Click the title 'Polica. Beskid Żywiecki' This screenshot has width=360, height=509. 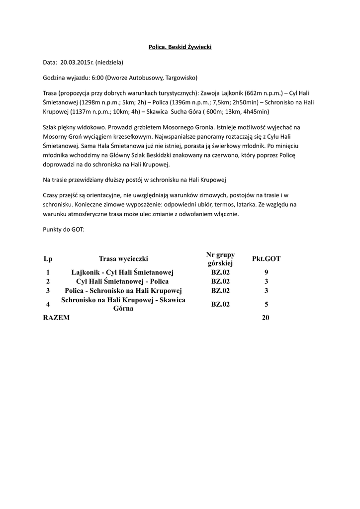(x=180, y=47)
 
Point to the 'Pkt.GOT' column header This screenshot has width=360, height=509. (x=267, y=258)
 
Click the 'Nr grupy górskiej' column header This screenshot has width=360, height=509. (x=220, y=258)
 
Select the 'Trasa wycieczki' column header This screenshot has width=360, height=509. (x=123, y=258)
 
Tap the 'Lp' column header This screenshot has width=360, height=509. (x=48, y=258)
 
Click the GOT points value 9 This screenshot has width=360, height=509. (x=267, y=272)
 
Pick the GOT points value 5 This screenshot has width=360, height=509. (x=267, y=304)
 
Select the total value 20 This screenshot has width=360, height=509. (x=266, y=318)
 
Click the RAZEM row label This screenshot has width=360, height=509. (x=57, y=318)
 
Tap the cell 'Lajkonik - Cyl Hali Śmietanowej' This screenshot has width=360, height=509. (x=122, y=272)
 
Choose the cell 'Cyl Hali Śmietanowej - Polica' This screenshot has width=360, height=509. (x=122, y=281)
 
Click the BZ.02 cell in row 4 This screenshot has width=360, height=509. (x=220, y=304)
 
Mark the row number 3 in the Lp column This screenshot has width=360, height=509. (x=48, y=290)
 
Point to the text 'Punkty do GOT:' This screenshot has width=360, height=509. (x=64, y=230)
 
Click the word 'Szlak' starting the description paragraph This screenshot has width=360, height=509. (x=50, y=127)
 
